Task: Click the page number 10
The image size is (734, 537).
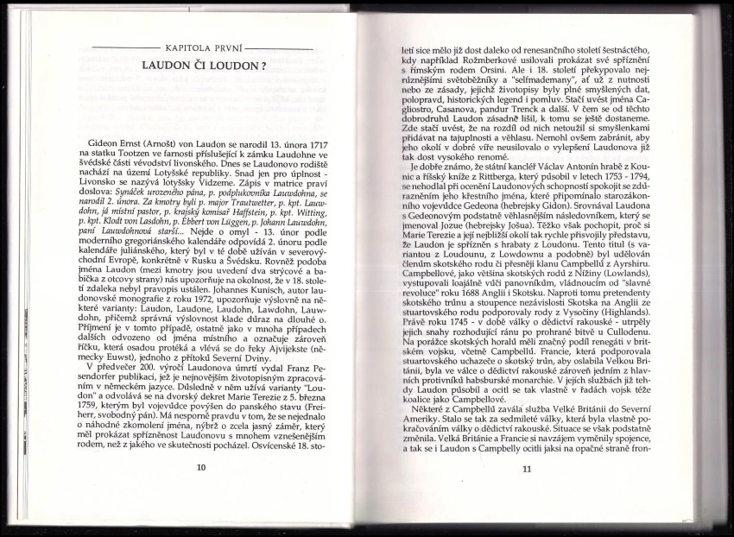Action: point(201,468)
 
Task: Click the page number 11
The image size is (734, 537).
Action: point(528,469)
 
